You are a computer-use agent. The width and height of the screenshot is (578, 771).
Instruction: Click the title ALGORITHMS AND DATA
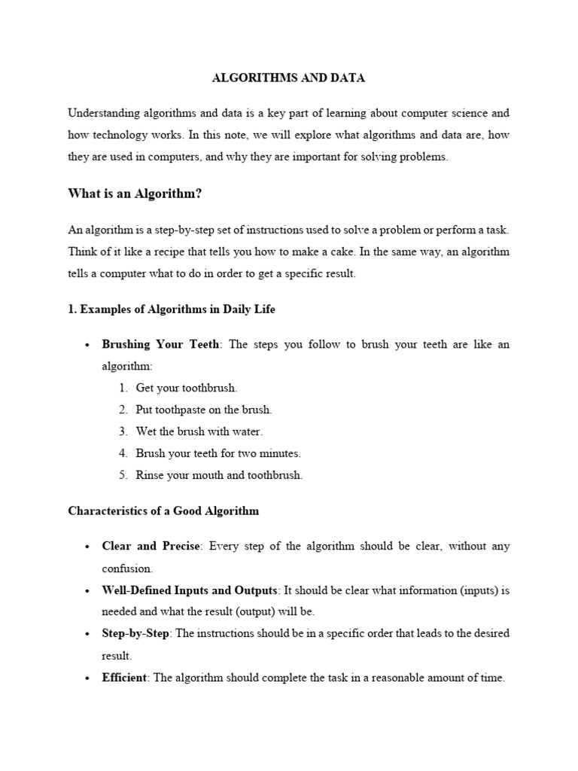point(289,78)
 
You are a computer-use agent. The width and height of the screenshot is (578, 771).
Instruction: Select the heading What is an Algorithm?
point(135,194)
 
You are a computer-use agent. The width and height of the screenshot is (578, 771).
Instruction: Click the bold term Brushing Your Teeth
point(161,344)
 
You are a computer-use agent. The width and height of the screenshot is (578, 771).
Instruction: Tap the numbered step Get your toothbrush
point(186,388)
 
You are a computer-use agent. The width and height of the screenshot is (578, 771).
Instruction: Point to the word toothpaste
point(180,410)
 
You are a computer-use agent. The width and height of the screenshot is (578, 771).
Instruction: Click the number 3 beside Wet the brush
point(122,431)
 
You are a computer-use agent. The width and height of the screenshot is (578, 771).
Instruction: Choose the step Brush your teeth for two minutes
point(218,453)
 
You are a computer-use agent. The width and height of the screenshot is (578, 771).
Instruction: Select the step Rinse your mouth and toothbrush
point(219,475)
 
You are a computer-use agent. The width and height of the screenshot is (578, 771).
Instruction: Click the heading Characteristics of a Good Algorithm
point(163,510)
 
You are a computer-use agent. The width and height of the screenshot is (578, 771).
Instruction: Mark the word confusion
point(127,568)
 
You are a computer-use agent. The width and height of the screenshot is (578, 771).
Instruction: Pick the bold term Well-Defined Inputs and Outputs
point(190,590)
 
